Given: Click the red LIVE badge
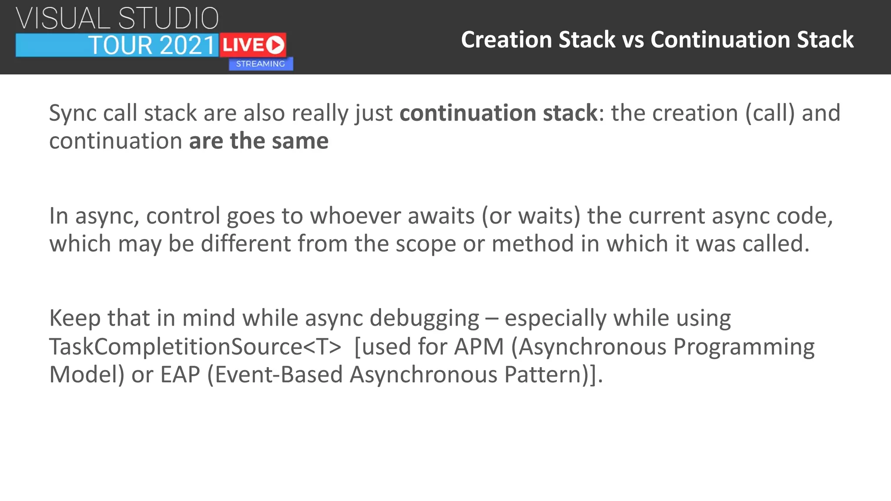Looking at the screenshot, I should point(252,45).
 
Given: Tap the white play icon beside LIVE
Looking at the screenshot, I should point(275,45).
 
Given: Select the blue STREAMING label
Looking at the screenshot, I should point(261,64).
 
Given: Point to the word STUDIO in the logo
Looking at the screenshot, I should point(168,19).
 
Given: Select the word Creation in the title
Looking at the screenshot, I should point(506,40).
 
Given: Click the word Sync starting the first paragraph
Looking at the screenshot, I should point(73,113).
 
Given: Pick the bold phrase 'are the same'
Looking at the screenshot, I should point(259,141).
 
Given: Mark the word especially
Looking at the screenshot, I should point(556,318).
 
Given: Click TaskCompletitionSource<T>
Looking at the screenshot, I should point(195,347).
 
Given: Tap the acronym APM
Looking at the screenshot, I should point(479,347).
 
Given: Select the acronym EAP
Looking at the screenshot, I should point(180,374).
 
